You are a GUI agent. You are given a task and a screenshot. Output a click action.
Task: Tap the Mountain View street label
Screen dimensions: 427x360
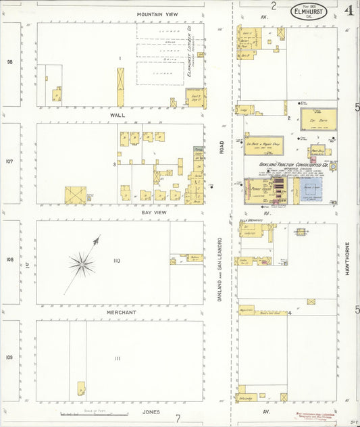(157, 14)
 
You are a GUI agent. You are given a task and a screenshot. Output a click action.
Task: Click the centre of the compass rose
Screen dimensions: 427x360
(82, 263)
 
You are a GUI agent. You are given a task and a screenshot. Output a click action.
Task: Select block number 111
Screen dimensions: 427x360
(118, 358)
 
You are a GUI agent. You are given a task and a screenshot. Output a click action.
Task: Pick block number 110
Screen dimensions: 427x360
(117, 261)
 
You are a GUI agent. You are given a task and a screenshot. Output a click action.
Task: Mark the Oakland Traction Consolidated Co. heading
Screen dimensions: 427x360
(293, 164)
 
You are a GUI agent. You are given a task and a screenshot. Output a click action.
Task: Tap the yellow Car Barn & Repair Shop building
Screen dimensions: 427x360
(263, 146)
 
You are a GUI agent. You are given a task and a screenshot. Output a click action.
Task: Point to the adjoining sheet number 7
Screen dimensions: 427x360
(178, 418)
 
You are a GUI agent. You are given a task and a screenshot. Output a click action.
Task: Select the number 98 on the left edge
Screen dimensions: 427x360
(10, 62)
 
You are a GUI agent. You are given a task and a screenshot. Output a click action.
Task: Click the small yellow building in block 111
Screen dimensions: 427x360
(81, 388)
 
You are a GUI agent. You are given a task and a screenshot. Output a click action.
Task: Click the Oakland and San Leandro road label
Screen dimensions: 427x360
(220, 270)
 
